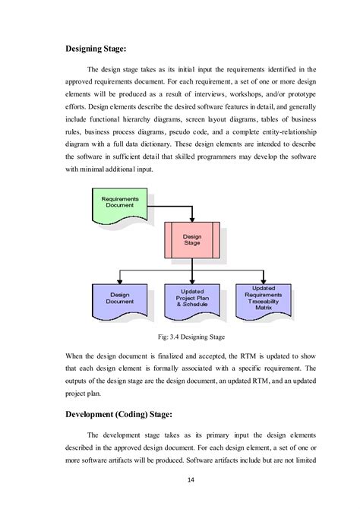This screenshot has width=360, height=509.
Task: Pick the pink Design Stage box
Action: coord(192,240)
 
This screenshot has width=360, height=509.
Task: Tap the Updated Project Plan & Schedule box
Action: coord(192,299)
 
